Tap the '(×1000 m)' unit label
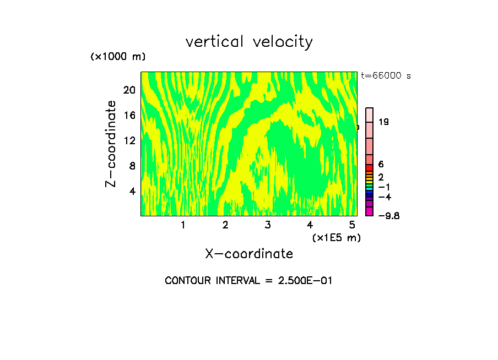point(117,57)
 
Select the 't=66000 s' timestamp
point(386,75)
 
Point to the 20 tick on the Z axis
point(129,90)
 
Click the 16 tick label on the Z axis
point(129,115)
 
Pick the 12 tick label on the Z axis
point(129,140)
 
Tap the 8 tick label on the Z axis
point(132,166)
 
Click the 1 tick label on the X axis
point(183,225)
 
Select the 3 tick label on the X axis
point(267,225)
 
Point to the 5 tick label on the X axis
point(352,225)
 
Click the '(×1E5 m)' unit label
point(336,237)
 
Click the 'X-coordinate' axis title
point(249,254)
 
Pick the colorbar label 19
point(384,122)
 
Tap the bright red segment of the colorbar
point(370,168)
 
